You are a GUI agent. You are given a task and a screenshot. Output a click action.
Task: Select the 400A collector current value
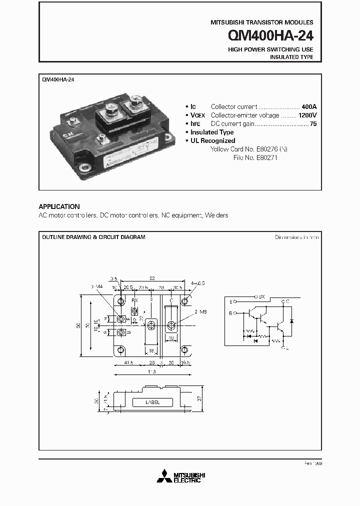(308, 107)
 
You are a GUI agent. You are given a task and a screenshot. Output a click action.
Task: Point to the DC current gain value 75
(313, 123)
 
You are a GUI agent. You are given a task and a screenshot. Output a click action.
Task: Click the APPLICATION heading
(59, 206)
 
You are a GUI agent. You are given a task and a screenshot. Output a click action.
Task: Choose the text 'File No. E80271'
(255, 157)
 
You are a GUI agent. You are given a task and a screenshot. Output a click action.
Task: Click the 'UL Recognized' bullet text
(212, 141)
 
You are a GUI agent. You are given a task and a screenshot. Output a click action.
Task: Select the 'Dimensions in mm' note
(296, 237)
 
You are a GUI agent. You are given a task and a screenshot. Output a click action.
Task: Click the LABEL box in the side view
(153, 401)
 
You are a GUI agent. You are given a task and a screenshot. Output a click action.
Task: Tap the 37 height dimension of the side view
(199, 398)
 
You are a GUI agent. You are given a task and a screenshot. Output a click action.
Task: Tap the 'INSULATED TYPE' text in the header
(291, 57)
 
